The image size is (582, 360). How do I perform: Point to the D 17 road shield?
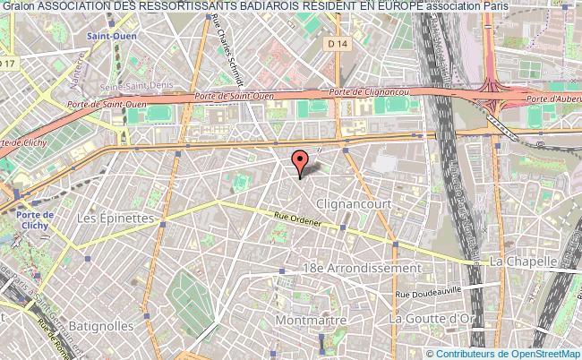(x=8, y=63)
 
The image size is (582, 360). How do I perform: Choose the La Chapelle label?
(x=524, y=261)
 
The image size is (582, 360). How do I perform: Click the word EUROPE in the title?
(x=395, y=7)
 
